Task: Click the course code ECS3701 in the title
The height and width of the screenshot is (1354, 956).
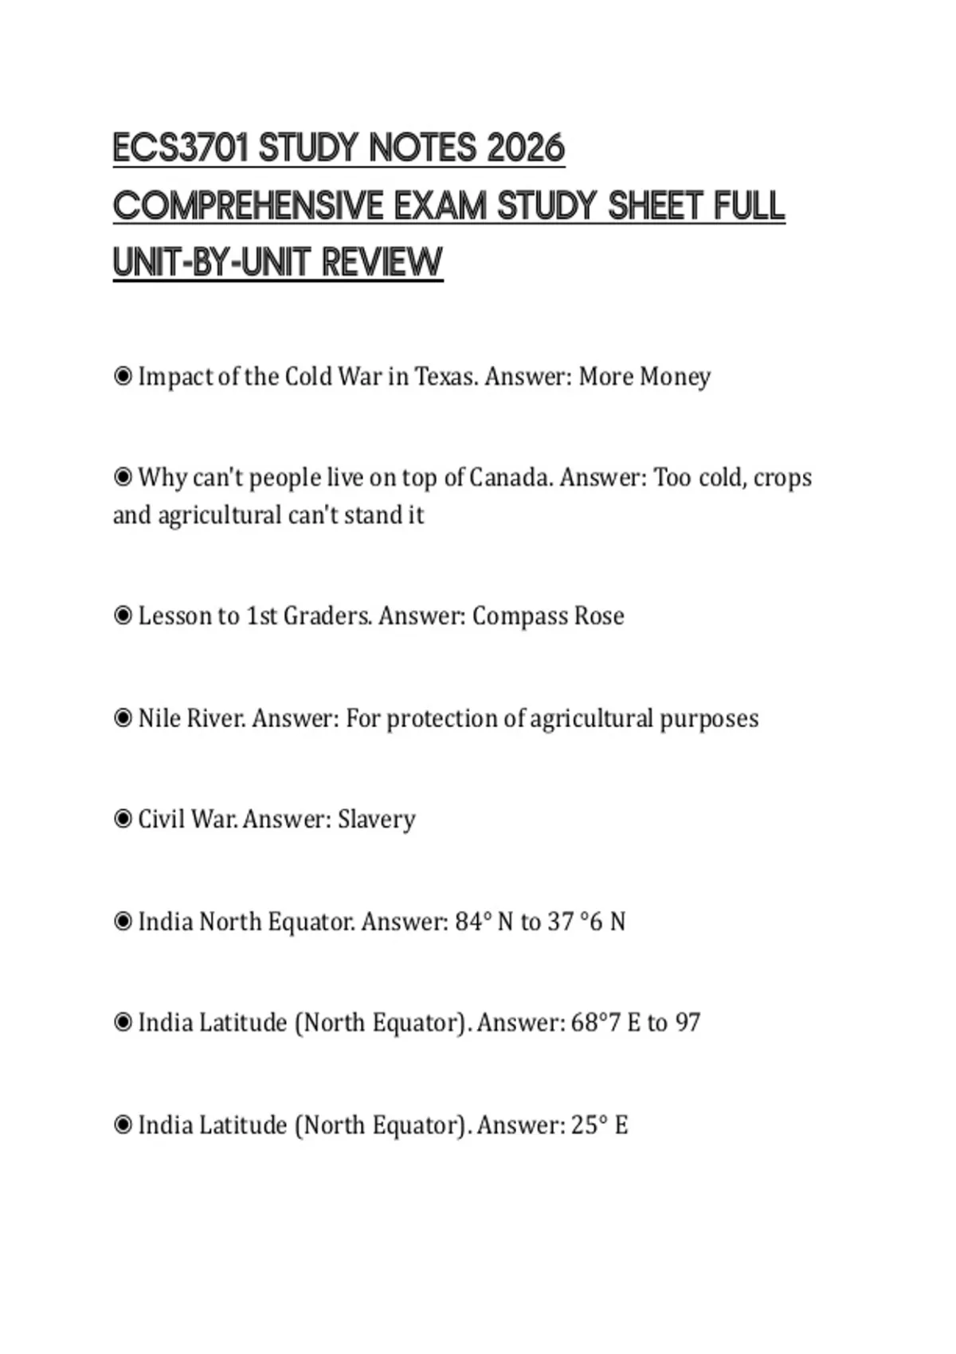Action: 180,149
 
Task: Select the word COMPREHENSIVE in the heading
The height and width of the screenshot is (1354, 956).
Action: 248,206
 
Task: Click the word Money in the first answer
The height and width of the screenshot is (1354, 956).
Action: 675,377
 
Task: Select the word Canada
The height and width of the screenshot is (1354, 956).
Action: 510,477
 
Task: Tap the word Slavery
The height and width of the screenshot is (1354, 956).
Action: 376,820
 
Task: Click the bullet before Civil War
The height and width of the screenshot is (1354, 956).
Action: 123,819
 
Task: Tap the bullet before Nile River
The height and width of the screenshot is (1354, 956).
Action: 123,718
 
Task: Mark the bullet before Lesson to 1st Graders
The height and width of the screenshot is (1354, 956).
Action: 123,616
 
